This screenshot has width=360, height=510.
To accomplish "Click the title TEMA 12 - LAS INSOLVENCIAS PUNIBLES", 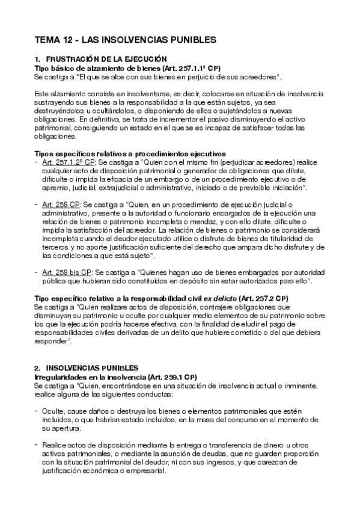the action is (125, 40).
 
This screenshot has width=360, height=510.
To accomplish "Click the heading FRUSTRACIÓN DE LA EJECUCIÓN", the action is (106, 59).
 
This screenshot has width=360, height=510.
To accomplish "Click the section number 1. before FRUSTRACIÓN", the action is (37, 59).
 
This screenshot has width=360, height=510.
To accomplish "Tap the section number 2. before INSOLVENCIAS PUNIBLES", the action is (37, 367).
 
